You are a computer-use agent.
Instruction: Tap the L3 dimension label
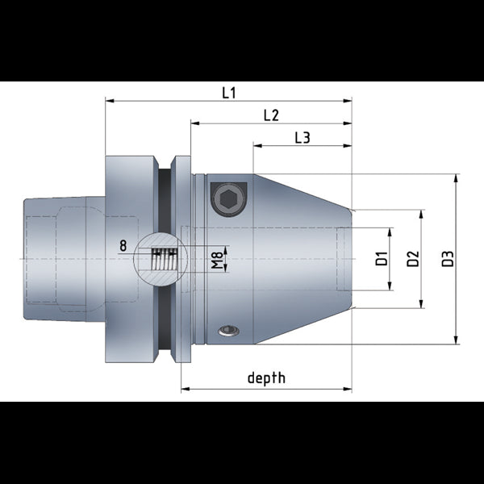point(302,138)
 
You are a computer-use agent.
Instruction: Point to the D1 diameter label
point(382,259)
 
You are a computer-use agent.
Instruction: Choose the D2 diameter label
point(412,259)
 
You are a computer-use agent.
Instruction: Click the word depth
point(266,378)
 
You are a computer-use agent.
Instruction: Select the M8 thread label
point(217,260)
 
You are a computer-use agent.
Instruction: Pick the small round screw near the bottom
point(230,331)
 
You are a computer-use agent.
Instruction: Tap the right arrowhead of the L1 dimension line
point(348,102)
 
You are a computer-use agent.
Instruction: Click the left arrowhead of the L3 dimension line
point(257,147)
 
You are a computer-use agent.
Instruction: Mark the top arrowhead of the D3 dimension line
point(455,177)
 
